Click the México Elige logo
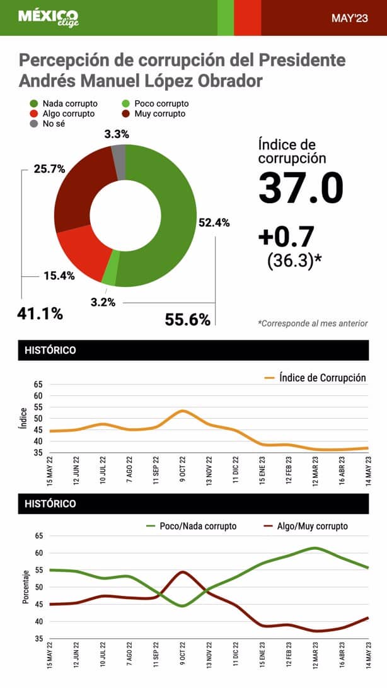pyautogui.click(x=48, y=17)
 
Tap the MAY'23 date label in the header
pyautogui.click(x=350, y=18)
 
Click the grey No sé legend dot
pyautogui.click(x=33, y=124)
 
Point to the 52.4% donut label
pyautogui.click(x=214, y=223)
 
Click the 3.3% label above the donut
pyautogui.click(x=117, y=134)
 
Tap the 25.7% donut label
pyautogui.click(x=50, y=169)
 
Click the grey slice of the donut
pyautogui.click(x=118, y=154)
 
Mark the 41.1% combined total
pyautogui.click(x=40, y=313)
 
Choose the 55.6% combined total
pyautogui.click(x=187, y=320)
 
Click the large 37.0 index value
pyautogui.click(x=301, y=187)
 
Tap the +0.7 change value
pyautogui.click(x=286, y=236)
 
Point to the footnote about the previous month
pyautogui.click(x=313, y=324)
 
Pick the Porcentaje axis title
pyautogui.click(x=26, y=588)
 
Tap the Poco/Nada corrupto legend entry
pyautogui.click(x=191, y=525)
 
